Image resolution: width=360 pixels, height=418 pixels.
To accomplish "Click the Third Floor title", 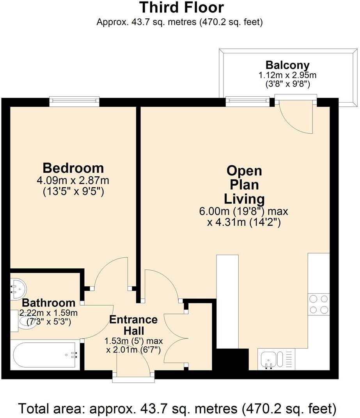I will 182,7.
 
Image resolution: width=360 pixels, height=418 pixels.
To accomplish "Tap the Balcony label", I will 287,65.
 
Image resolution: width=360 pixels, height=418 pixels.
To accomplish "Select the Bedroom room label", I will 73,168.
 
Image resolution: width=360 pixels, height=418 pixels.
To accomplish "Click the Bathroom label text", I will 48,303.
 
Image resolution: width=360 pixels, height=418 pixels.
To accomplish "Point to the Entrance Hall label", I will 133,325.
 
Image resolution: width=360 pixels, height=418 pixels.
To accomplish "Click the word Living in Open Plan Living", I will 244,199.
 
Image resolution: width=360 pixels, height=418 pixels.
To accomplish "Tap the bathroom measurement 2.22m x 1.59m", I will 49,313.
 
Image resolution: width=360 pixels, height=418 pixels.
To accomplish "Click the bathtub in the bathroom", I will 45,354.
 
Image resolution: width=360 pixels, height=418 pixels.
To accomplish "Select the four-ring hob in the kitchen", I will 318,305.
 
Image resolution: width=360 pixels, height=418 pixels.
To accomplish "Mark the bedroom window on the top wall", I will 74,102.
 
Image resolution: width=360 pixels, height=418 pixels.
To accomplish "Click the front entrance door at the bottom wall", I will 134,375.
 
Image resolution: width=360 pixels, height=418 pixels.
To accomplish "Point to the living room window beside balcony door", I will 248,102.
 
